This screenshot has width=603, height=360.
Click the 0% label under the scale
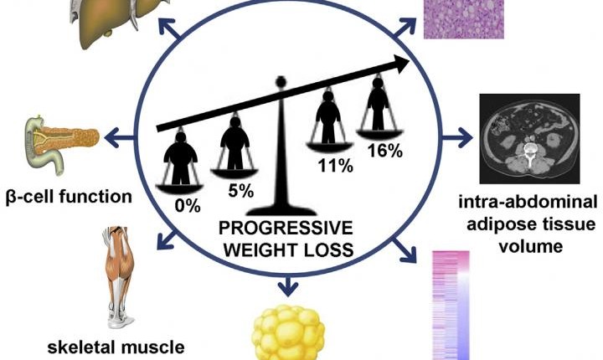click(x=188, y=206)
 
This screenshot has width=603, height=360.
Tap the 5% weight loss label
click(x=240, y=190)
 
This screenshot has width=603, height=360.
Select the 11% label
click(x=335, y=166)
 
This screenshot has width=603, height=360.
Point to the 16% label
click(x=385, y=151)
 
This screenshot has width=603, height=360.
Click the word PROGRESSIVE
click(x=286, y=228)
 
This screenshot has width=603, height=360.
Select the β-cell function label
click(x=69, y=197)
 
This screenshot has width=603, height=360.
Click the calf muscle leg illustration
click(x=118, y=277)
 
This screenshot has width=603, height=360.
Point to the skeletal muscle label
click(x=116, y=347)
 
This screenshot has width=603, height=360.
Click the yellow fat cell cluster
click(x=288, y=332)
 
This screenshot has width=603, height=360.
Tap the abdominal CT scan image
click(x=529, y=138)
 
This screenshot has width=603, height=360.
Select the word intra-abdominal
click(x=528, y=202)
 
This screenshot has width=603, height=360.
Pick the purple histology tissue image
click(x=464, y=19)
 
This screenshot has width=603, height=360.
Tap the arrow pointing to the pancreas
click(x=119, y=138)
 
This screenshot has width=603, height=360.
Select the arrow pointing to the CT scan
click(x=457, y=137)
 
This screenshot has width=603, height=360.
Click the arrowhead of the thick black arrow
click(x=401, y=64)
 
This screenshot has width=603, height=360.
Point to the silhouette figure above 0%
click(x=180, y=157)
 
